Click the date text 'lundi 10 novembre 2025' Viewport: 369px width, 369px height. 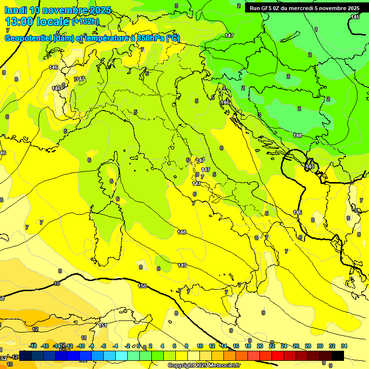click(58, 10)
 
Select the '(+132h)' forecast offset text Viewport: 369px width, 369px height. click(86, 22)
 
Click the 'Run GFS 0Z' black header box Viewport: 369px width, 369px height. click(305, 8)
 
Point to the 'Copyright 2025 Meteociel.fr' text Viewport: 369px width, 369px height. click(205, 366)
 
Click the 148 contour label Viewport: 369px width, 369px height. click(182, 232)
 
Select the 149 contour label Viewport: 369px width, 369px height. click(182, 265)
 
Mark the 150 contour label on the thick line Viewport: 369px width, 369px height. click(142, 286)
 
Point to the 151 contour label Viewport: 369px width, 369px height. click(103, 325)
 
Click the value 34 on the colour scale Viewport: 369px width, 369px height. click(344, 346)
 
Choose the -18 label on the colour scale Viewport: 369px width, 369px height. click(33, 346)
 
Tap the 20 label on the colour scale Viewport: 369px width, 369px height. click(259, 346)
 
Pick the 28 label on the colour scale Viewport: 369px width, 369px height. click(307, 346)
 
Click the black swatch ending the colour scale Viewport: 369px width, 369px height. click(338, 356)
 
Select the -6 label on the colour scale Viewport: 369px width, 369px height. click(103, 346)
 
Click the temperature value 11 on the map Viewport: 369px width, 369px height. click(84, 338)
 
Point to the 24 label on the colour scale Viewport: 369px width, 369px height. click(283, 346)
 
